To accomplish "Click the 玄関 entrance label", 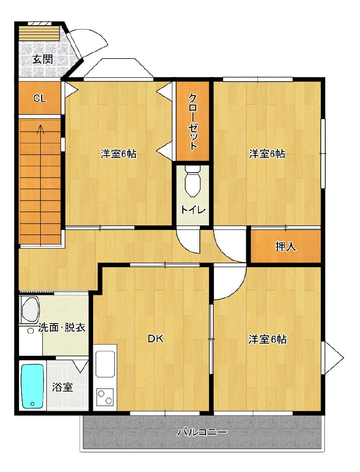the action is (42, 59).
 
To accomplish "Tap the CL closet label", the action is (40, 98).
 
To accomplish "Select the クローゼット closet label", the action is (192, 122).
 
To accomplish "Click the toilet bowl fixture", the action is (192, 181).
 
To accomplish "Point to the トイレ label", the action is (193, 209).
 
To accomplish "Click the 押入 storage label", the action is (285, 247).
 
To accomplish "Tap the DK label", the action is (156, 339).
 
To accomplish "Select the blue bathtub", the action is (33, 386).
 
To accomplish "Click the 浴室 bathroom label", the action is (62, 387).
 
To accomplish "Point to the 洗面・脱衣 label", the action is (62, 328).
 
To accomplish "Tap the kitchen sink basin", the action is (105, 364).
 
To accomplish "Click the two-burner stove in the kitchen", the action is (105, 397).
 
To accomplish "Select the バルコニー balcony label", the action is (202, 433).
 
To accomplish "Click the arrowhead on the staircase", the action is (40, 129).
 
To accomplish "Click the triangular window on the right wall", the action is (332, 358).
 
